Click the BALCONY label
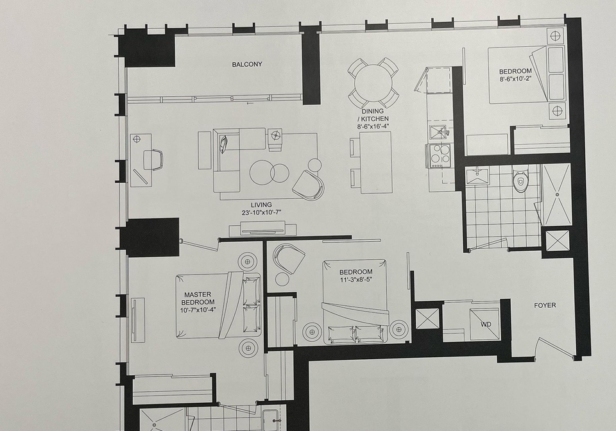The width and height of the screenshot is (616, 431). pos(246,64)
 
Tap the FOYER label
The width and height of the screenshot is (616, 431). pos(545,305)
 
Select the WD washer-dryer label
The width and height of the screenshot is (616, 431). pos(486,325)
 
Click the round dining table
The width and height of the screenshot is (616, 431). pos(373,83)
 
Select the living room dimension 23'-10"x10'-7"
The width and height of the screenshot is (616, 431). pos(262,213)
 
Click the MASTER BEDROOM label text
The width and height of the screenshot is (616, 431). pos(198,298)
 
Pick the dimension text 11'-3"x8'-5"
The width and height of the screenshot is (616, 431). pos(355,280)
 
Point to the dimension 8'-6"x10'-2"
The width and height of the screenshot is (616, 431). pos(515,78)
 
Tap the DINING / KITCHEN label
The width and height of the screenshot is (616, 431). pos(372,115)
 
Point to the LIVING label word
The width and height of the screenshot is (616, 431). pos(261,205)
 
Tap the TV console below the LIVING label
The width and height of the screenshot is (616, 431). pos(263,228)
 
